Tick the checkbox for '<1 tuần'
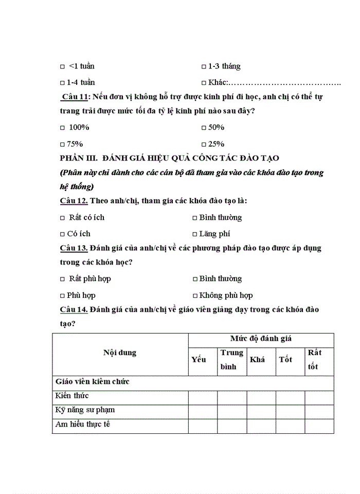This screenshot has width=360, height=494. [x=62, y=67]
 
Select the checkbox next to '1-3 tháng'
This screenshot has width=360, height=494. [x=204, y=67]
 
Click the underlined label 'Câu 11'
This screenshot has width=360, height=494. [x=75, y=97]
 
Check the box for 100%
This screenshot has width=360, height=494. [x=62, y=128]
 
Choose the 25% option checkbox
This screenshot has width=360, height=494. [x=204, y=145]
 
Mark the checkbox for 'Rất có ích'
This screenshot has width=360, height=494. [x=62, y=218]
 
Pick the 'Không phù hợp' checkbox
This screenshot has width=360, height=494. [x=195, y=296]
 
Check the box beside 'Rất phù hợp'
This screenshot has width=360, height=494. [x=62, y=279]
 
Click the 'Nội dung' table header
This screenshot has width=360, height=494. [x=120, y=353]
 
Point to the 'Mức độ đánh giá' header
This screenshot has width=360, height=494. [x=261, y=339]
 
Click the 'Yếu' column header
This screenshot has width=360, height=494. [x=199, y=360]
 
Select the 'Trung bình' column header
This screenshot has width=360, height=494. [x=231, y=360]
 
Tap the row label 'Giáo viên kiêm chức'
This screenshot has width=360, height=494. [x=92, y=382]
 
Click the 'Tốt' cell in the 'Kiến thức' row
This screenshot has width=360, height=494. [x=290, y=397]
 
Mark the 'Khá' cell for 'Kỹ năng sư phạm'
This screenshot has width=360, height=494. [x=261, y=411]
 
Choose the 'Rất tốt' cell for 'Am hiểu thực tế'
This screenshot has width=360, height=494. [x=319, y=426]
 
